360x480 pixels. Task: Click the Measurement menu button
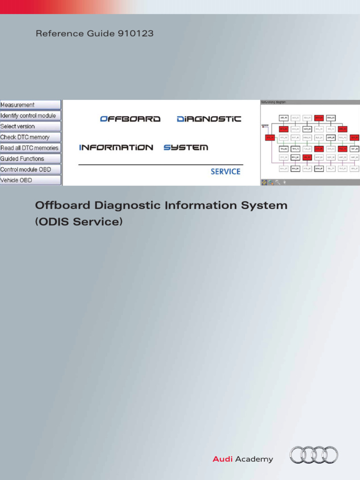30,105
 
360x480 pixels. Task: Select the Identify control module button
30,116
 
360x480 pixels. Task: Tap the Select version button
30,127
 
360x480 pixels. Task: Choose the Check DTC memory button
30,137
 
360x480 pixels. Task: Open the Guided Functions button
30,159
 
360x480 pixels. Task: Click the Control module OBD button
30,170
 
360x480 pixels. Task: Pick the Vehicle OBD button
30,180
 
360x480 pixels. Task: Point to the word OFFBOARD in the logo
130,119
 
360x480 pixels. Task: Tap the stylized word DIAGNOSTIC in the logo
209,119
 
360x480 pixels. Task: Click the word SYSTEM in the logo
186,148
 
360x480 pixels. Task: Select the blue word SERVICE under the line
225,172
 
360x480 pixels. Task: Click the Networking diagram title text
274,102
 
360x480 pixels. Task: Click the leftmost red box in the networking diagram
270,137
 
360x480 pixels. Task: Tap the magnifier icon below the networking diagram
278,182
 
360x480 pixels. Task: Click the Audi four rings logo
314,455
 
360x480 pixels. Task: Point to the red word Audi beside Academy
223,459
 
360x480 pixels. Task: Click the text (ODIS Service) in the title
79,222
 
